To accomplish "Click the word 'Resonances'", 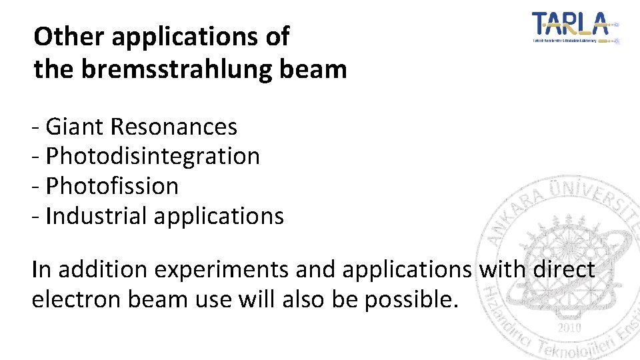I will point(174,126).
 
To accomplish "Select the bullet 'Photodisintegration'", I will point(153,156).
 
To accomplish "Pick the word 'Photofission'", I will point(112,186).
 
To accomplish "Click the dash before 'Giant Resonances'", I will point(37,127).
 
